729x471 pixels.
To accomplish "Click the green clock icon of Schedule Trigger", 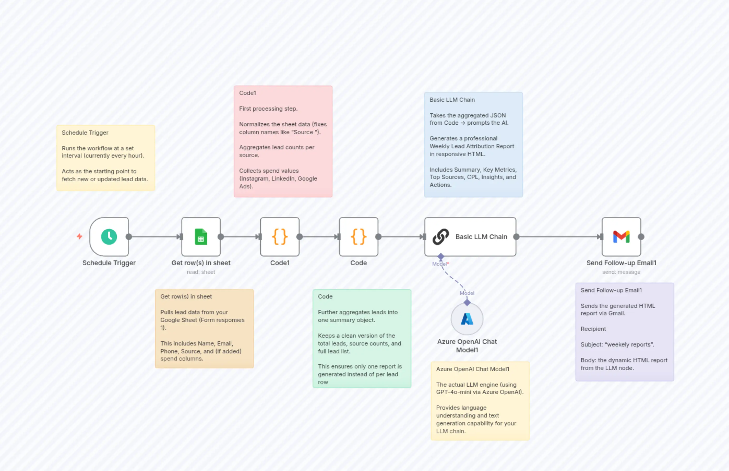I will click(x=109, y=237).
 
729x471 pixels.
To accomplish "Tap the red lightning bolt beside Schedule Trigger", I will click(x=80, y=236).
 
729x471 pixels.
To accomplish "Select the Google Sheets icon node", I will click(x=201, y=237).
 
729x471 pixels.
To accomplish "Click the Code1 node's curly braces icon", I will click(x=279, y=237).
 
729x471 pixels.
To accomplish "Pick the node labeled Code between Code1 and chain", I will click(x=358, y=237).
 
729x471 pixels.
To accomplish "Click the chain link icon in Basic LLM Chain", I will click(x=441, y=237).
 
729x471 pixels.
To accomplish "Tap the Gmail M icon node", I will click(x=621, y=237).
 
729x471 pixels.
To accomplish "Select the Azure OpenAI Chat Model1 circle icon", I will click(x=467, y=319).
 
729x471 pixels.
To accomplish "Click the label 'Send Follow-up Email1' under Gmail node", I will click(x=621, y=263).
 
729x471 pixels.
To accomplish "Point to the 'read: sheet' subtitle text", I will click(x=201, y=272).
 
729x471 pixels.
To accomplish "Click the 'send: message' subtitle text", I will click(x=621, y=272).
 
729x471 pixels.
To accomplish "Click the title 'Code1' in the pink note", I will click(x=247, y=93).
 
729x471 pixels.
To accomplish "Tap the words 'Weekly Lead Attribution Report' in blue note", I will click(x=471, y=146).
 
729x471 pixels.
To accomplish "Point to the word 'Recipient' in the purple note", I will click(x=593, y=329).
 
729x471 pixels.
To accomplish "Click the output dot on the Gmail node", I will click(x=641, y=237).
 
